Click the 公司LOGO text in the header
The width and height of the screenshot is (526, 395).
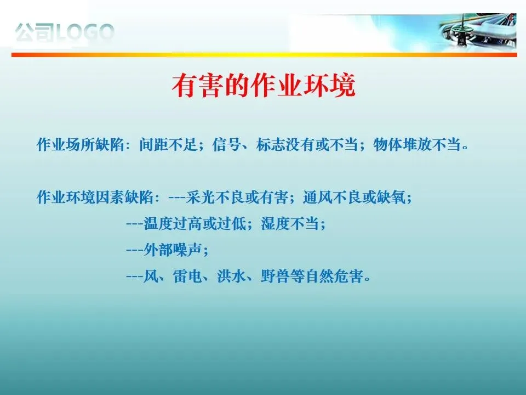pyautogui.click(x=65, y=32)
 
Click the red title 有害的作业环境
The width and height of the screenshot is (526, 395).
pyautogui.click(x=264, y=86)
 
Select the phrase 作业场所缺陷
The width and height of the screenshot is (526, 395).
pyautogui.click(x=81, y=145)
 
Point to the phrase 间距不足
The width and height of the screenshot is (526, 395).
pyautogui.click(x=168, y=145)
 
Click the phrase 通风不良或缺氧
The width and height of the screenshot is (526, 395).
pyautogui.click(x=354, y=197)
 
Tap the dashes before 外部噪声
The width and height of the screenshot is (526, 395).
pyautogui.click(x=135, y=250)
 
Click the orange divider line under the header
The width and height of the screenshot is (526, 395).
pyautogui.click(x=264, y=54)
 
